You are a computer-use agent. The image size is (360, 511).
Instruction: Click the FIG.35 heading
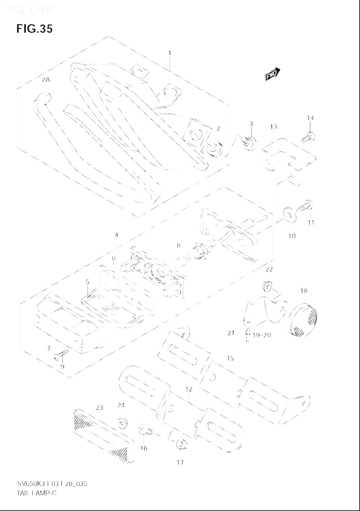pyautogui.click(x=34, y=29)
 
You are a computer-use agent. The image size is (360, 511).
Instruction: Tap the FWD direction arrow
pyautogui.click(x=272, y=74)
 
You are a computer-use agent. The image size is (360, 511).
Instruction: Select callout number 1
pyautogui.click(x=170, y=53)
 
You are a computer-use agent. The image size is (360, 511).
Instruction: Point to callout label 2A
pyautogui.click(x=46, y=80)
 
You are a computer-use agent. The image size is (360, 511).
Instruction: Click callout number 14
pyautogui.click(x=310, y=118)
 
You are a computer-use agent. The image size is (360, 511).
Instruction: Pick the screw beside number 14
pyautogui.click(x=308, y=138)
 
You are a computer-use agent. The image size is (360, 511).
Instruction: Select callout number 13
pyautogui.click(x=273, y=127)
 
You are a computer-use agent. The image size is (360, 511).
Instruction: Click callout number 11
pyautogui.click(x=311, y=222)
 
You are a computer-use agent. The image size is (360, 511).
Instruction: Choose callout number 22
pyautogui.click(x=269, y=269)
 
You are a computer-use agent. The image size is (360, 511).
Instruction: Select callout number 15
pyautogui.click(x=231, y=358)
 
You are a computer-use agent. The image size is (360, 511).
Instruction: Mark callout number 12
pyautogui.click(x=189, y=389)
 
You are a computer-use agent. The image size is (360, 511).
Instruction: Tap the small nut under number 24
pyautogui.click(x=122, y=423)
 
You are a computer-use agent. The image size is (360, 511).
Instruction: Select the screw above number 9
pyautogui.click(x=61, y=355)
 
